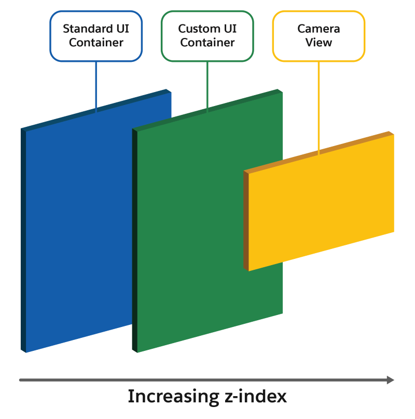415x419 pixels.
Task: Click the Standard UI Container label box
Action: pos(96,36)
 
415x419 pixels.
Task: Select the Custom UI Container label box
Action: pos(207,36)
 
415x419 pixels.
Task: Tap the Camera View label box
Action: pos(319,36)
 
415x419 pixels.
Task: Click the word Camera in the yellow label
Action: pos(319,29)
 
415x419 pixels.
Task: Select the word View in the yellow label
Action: pos(319,43)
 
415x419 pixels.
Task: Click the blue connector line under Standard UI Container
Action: pos(96,86)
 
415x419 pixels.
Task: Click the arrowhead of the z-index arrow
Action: pos(391,380)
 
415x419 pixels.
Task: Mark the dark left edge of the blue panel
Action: pos(23,239)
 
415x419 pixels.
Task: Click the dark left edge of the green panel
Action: pos(135,239)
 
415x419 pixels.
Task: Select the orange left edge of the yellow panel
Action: pos(246,221)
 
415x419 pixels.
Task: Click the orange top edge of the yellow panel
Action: pos(319,152)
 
